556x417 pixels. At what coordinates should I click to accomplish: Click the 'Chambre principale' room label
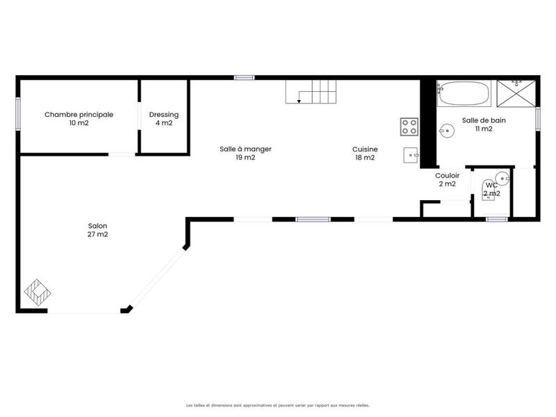click(79, 115)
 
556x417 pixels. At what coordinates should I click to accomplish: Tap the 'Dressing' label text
click(164, 115)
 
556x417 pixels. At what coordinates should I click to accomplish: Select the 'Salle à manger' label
click(245, 149)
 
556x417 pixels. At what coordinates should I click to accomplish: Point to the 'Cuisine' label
click(364, 149)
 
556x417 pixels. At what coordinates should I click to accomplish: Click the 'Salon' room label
click(97, 225)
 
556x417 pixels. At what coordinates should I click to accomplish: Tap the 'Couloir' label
click(447, 175)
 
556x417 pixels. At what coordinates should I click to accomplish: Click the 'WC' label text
click(491, 185)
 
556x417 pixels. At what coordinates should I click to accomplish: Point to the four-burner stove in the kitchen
click(409, 126)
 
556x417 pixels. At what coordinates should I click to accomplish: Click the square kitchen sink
click(410, 155)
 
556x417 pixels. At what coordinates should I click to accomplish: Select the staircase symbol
click(311, 91)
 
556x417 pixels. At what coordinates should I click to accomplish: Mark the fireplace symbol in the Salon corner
click(36, 292)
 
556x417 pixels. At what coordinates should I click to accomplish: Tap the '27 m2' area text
click(97, 234)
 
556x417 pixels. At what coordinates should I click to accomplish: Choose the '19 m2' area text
click(245, 158)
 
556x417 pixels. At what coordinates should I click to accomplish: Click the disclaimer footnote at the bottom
click(278, 404)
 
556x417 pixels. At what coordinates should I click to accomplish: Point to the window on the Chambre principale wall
click(17, 114)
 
